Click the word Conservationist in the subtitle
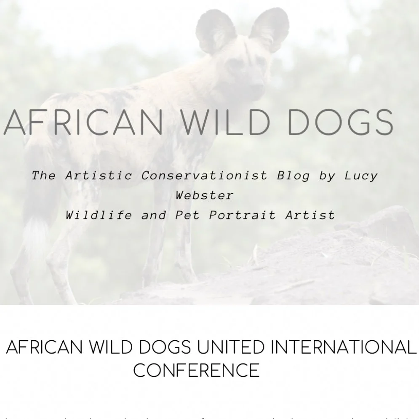tap(204, 176)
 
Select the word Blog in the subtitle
tap(293, 176)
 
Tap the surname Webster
tap(205, 195)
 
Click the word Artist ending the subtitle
tap(310, 215)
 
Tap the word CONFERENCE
tap(196, 370)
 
